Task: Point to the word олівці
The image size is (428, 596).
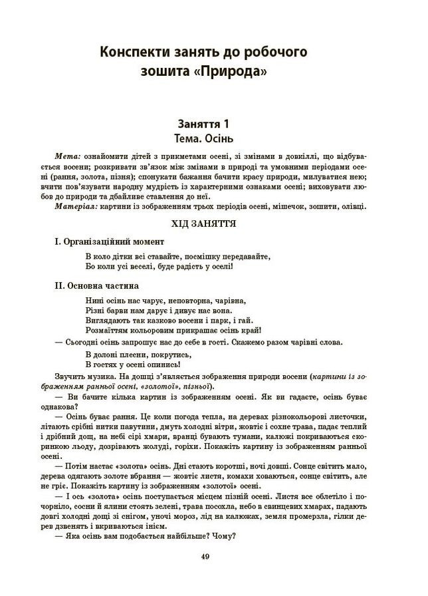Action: (352, 206)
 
